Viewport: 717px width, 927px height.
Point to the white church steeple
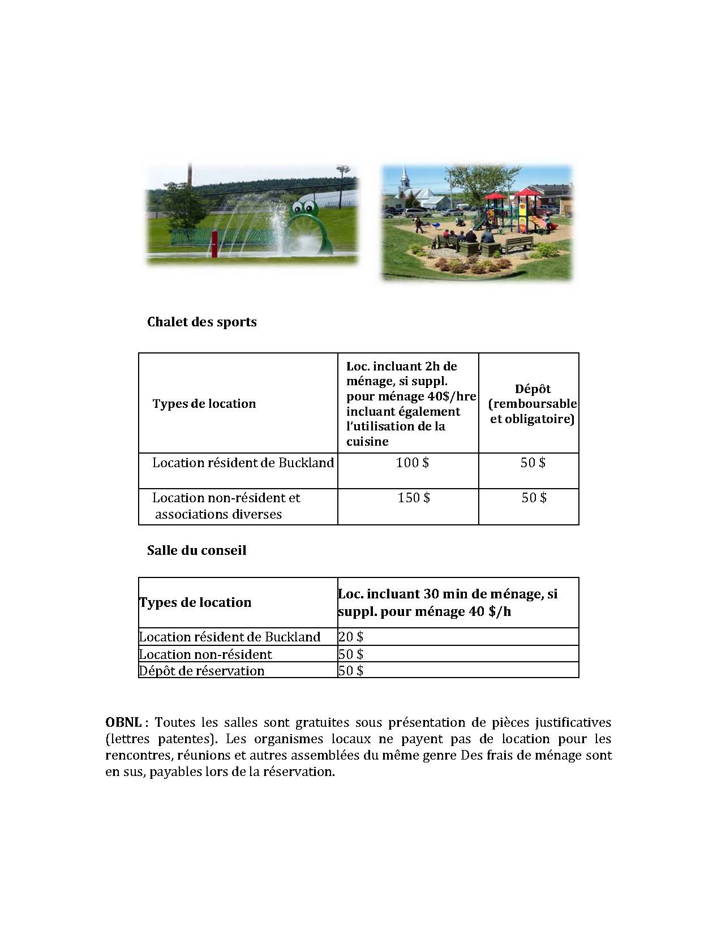(x=405, y=180)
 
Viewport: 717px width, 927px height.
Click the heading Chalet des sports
(x=201, y=322)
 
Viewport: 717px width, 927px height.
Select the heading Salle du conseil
(x=196, y=550)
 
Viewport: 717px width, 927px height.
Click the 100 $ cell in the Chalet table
(x=412, y=463)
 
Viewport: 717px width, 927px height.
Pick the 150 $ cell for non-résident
(x=413, y=498)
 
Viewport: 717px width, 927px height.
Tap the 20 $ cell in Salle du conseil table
(x=351, y=637)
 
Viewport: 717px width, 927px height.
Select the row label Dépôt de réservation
(x=202, y=671)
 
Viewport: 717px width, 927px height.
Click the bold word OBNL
(x=123, y=722)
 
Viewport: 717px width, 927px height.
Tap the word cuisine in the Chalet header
(x=367, y=441)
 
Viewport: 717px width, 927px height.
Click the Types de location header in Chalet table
(x=204, y=404)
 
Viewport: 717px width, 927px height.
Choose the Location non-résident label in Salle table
(x=205, y=654)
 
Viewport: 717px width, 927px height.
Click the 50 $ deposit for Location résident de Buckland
(x=533, y=463)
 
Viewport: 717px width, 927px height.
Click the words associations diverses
(x=218, y=514)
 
